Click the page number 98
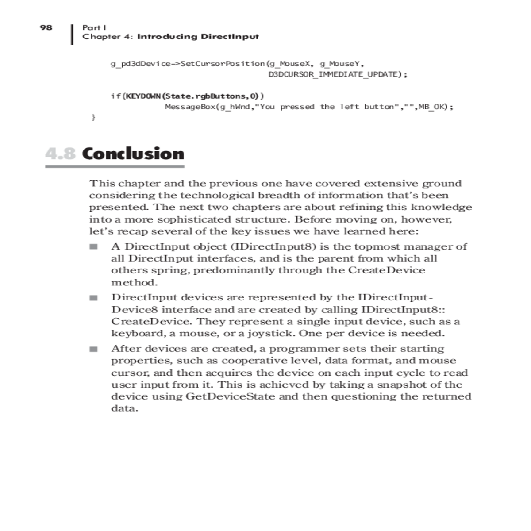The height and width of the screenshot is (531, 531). [46, 27]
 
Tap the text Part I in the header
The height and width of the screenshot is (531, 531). [94, 27]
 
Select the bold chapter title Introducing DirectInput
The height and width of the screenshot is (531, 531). [198, 37]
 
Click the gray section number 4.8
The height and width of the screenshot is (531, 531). [60, 154]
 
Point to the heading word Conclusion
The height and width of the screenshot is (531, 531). [133, 154]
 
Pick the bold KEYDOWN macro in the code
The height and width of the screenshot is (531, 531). [142, 96]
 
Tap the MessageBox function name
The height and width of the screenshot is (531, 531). [190, 107]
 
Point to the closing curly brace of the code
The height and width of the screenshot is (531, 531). [93, 117]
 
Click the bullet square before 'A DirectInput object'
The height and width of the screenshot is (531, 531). [93, 246]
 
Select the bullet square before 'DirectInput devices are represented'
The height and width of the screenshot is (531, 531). [93, 298]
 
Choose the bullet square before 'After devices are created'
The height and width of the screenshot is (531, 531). [93, 349]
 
